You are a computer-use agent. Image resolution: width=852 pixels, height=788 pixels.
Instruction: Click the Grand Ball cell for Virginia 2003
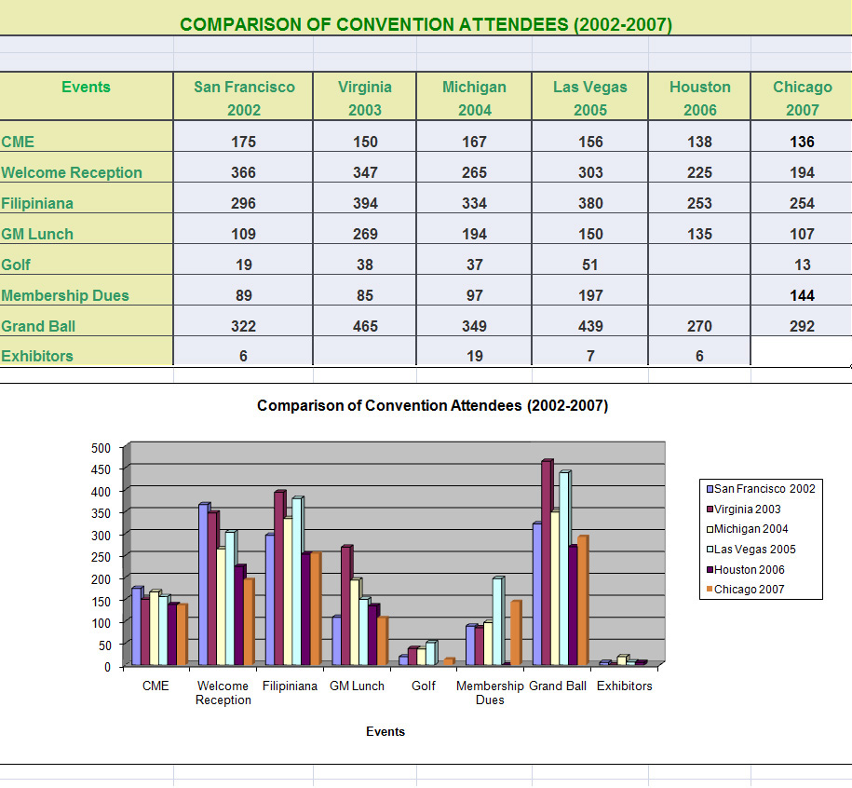365,326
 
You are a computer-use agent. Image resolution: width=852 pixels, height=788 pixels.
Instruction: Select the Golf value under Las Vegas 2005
590,265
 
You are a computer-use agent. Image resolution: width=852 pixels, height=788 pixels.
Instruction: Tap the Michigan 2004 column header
474,98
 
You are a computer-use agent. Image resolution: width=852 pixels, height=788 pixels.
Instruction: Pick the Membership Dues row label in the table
65,295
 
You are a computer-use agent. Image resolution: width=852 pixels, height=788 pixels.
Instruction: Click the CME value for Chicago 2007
802,142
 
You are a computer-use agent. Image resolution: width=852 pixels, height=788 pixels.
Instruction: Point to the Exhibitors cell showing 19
474,356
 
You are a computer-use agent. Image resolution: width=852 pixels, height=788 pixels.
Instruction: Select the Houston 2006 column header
699,98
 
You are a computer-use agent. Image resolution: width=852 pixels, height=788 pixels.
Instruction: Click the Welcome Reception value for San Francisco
244,172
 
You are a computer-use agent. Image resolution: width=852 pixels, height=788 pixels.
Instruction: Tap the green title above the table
426,24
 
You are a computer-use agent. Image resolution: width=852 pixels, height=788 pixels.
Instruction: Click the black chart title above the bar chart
432,405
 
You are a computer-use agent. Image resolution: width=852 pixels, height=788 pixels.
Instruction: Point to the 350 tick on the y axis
101,512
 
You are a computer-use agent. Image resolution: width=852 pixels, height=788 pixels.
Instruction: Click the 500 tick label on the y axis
101,447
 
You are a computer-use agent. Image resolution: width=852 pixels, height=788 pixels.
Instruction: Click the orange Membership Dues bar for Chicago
515,633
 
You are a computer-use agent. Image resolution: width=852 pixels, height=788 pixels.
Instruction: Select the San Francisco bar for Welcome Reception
204,582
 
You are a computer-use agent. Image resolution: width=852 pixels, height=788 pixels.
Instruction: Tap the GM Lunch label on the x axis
357,686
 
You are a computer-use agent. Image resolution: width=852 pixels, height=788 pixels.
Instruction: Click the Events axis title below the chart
385,731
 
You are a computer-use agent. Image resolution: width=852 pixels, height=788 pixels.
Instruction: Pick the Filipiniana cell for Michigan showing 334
474,203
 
